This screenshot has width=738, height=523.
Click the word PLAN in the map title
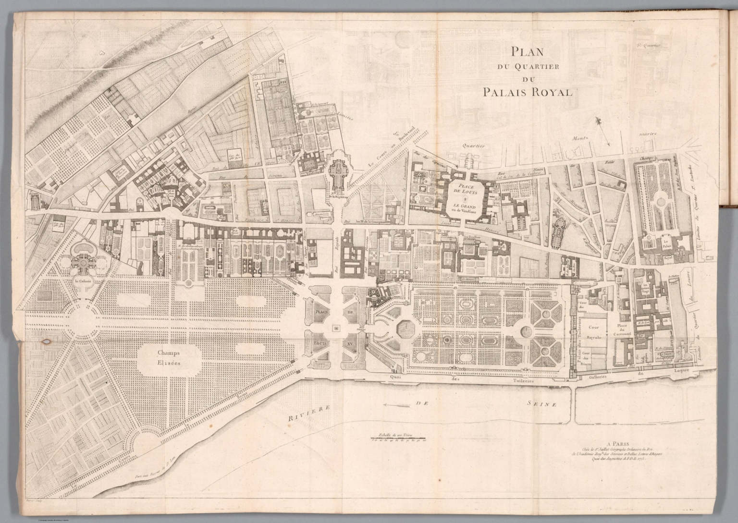[528, 50]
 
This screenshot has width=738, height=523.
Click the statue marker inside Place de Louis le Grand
[465, 198]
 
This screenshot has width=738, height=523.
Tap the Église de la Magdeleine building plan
[340, 170]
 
